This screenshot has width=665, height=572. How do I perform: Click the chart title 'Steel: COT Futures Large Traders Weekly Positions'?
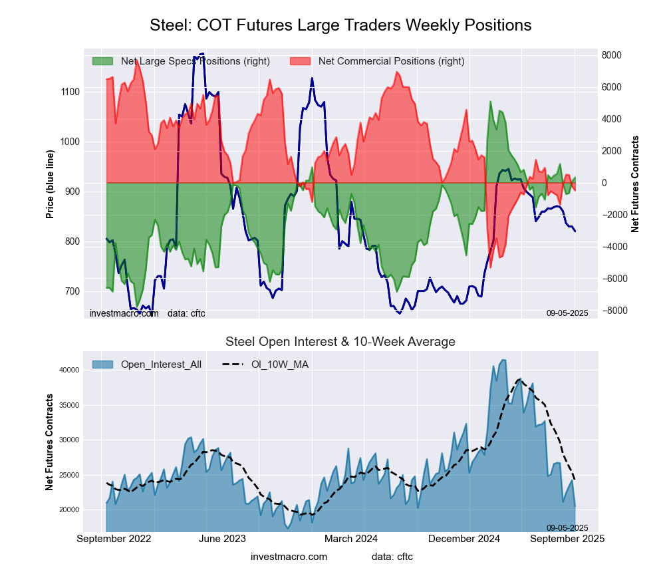pyautogui.click(x=340, y=25)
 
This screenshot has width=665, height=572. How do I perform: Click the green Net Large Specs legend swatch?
pyautogui.click(x=102, y=61)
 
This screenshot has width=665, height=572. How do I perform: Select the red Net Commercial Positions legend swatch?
pyautogui.click(x=301, y=61)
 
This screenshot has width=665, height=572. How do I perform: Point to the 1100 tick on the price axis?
pyautogui.click(x=71, y=92)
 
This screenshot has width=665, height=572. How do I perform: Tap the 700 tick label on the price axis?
pyautogui.click(x=71, y=291)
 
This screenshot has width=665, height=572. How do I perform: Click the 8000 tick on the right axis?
pyautogui.click(x=612, y=55)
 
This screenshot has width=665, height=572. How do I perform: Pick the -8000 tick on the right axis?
pyautogui.click(x=612, y=311)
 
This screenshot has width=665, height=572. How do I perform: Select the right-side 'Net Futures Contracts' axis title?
pyautogui.click(x=635, y=184)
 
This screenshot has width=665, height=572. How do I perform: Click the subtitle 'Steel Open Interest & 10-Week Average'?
pyautogui.click(x=340, y=342)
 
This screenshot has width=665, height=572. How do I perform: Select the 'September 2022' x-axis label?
pyautogui.click(x=114, y=539)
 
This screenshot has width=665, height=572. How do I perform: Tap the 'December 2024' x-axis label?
pyautogui.click(x=469, y=539)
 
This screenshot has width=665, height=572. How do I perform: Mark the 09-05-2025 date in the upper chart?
pyautogui.click(x=567, y=313)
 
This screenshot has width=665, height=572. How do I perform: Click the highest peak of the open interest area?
pyautogui.click(x=503, y=360)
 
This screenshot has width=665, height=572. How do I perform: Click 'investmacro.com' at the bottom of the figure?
pyautogui.click(x=289, y=556)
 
